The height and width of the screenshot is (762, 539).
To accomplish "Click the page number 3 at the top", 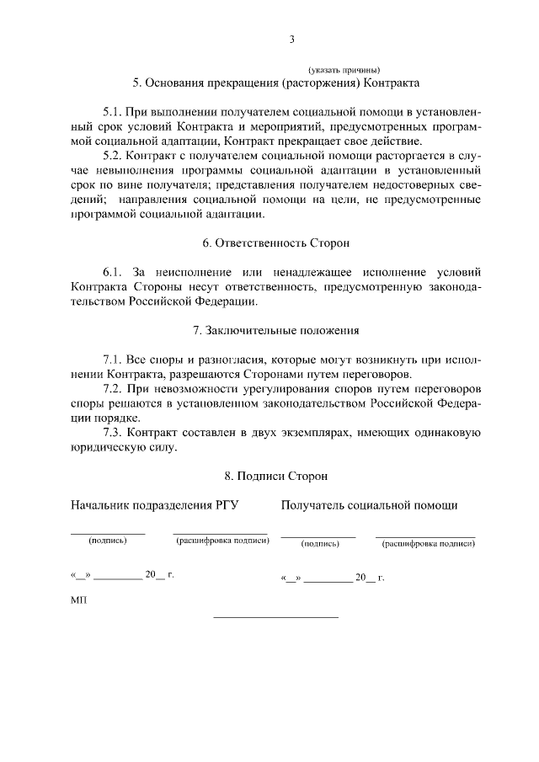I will (x=291, y=39).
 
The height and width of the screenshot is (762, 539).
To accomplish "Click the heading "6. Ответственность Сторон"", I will (x=275, y=242).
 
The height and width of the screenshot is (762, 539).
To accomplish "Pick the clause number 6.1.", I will (x=114, y=272).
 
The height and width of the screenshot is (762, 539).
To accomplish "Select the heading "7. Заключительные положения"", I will (x=275, y=330).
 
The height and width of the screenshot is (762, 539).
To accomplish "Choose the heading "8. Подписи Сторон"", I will (x=275, y=477).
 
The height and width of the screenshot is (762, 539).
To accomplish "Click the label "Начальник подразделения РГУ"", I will (x=155, y=505).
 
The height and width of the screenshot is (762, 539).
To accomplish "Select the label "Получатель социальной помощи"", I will (x=370, y=505).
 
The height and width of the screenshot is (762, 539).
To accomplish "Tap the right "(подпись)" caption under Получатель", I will (x=320, y=544).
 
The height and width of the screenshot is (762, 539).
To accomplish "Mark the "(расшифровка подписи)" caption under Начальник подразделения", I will (x=222, y=541).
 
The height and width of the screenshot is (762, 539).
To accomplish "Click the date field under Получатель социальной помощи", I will (x=333, y=578).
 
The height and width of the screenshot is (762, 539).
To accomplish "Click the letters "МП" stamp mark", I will (x=77, y=600).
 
